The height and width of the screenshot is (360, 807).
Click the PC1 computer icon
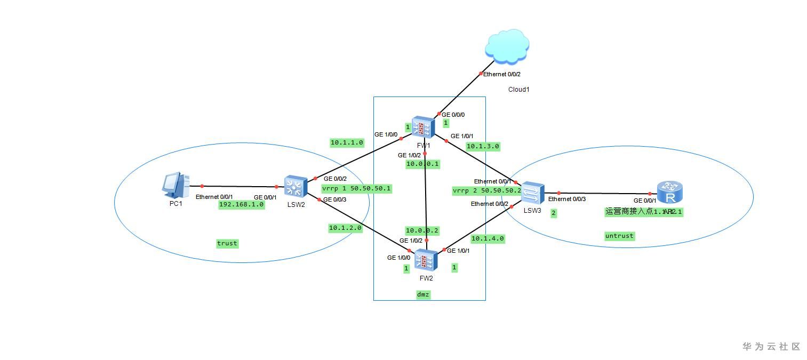pos(175,185)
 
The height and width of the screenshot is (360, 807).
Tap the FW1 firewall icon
pos(424,127)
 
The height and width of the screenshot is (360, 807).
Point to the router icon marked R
pos(670,193)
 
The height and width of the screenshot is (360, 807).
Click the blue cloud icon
pos(507,47)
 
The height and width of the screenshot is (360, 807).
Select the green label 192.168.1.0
pos(242,204)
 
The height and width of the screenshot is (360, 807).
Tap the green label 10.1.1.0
pos(347,142)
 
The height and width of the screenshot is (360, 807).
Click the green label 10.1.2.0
pos(346,228)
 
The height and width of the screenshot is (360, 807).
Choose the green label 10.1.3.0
pos(483,146)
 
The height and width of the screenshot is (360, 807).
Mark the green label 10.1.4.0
pos(488,238)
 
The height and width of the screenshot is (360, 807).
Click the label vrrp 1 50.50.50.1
pos(356,188)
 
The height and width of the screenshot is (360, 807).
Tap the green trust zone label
pos(227,243)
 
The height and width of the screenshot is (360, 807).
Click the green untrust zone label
pos(620,236)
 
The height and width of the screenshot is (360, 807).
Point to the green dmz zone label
pos(423,294)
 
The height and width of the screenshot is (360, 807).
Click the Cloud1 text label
pos(518,90)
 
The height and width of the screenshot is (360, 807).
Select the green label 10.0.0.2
pos(422,230)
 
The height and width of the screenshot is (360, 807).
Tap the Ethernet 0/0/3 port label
pos(567,199)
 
